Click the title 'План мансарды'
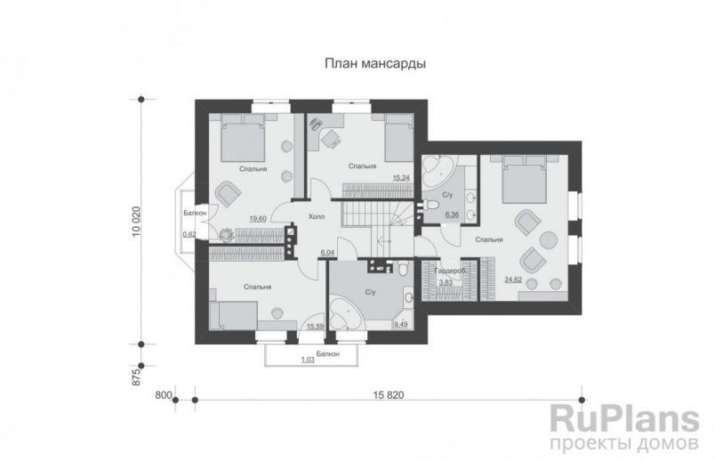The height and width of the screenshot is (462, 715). tap(375, 63)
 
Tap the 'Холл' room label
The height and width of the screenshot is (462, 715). tap(317, 216)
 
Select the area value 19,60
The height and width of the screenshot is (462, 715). tap(258, 219)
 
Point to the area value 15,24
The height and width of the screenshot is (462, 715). tap(401, 178)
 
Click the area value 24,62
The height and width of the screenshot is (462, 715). tap(513, 280)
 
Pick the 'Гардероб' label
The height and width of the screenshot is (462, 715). tap(450, 272)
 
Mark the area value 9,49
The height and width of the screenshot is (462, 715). tap(401, 325)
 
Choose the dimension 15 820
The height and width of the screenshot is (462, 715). tap(389, 395)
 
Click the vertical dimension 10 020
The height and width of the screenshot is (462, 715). tap(136, 222)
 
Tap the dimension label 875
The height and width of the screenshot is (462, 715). tap(136, 377)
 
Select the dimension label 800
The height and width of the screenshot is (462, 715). tap(164, 395)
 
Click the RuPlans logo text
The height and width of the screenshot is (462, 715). tap(624, 419)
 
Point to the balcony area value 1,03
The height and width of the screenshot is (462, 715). tap(308, 360)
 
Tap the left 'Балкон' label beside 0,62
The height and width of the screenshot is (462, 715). tap(195, 213)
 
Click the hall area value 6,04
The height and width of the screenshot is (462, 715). tap(328, 252)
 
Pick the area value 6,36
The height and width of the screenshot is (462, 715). tap(452, 215)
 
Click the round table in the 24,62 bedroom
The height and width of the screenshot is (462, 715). tap(549, 240)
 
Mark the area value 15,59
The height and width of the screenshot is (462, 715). tap(315, 327)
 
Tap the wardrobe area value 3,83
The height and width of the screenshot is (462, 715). tap(446, 282)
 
